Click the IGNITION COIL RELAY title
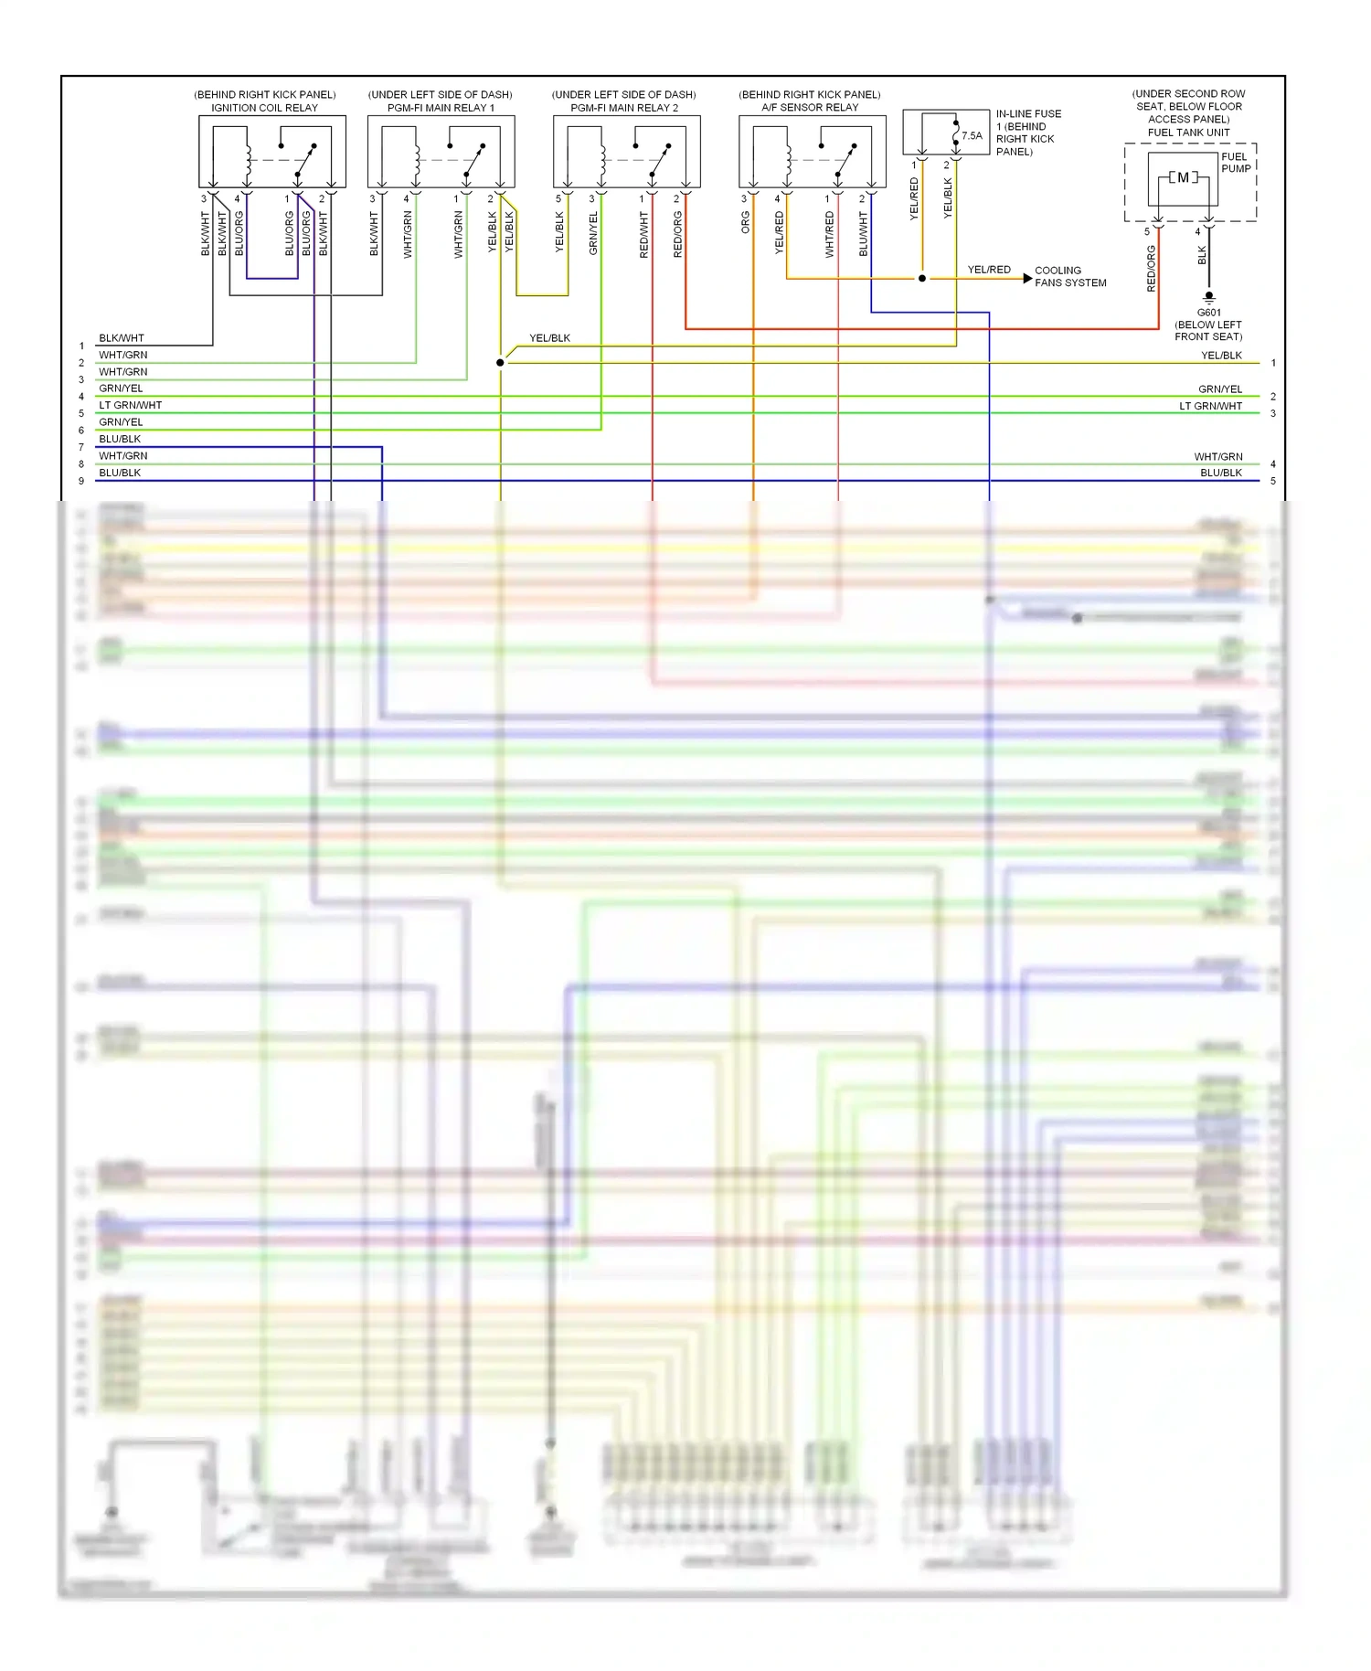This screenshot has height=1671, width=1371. pos(264,108)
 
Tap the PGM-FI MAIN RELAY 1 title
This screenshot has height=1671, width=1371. pos(441,108)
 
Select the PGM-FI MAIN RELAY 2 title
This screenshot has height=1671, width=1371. pos(624,108)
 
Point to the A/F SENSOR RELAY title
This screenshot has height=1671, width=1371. pos(810,108)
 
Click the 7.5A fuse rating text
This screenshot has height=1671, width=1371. pos(972,136)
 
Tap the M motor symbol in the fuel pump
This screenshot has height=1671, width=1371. pos(1183,177)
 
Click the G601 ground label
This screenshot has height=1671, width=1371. pos(1208,313)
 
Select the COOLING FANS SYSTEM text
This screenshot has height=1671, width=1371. pos(1070,277)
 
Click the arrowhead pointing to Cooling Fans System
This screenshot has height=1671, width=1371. pos(1027,278)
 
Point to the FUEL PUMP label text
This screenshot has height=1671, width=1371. pos(1236,163)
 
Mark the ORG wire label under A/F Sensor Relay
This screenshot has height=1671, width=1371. pos(746,222)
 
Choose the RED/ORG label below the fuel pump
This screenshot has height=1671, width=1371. pos(1152,269)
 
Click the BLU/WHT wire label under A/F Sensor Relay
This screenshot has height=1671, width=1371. pos(864,234)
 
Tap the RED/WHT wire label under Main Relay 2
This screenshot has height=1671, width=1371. pos(644,235)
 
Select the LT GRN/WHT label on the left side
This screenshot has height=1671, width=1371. pos(130,405)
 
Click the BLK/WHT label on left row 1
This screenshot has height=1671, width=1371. pos(121,338)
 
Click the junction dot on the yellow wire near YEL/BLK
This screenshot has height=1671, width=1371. pos(500,363)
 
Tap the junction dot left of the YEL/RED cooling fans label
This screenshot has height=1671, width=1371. pos(922,278)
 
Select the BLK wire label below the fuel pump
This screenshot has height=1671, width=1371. pos(1202,255)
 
